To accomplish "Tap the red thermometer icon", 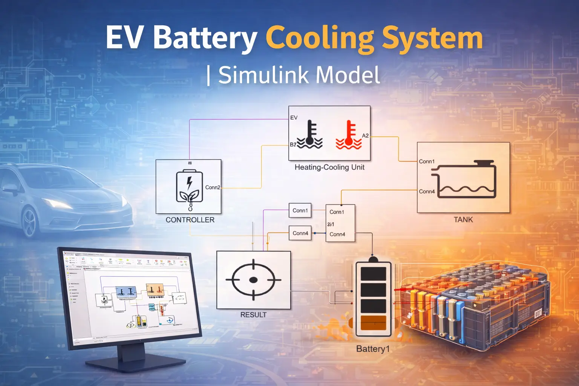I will pyautogui.click(x=349, y=135).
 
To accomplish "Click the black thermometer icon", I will pyautogui.click(x=310, y=135).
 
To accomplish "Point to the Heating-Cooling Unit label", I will pyautogui.click(x=329, y=167).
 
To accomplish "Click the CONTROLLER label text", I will pyautogui.click(x=190, y=220).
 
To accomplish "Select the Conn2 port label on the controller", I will pyautogui.click(x=213, y=187).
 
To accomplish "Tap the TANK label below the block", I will pyautogui.click(x=463, y=220).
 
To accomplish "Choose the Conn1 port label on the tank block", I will pyautogui.click(x=427, y=161).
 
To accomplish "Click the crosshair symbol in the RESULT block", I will pyautogui.click(x=253, y=280).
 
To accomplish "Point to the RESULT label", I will pyautogui.click(x=253, y=315).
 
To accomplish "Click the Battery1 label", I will pyautogui.click(x=373, y=349).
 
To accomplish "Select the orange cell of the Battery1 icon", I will pyautogui.click(x=373, y=323).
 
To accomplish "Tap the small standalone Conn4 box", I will pyautogui.click(x=300, y=233).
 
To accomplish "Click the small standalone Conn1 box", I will pyautogui.click(x=300, y=210).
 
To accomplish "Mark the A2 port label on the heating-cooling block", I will pyautogui.click(x=365, y=136).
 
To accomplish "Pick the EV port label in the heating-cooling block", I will pyautogui.click(x=294, y=118).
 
